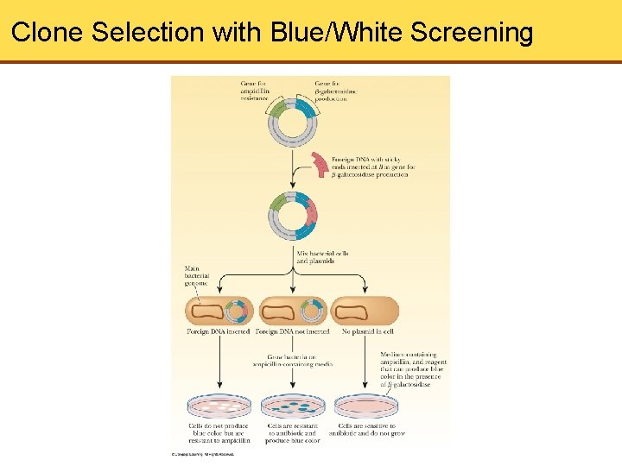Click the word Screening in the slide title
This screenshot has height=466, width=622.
click(x=472, y=33)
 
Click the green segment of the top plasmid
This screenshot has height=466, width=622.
click(x=279, y=110)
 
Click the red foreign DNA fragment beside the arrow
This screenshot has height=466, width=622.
click(x=319, y=164)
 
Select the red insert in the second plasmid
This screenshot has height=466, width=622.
click(x=310, y=212)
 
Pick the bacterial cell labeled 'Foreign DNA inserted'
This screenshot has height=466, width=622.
click(x=219, y=312)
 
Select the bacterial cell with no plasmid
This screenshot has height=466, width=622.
click(x=365, y=312)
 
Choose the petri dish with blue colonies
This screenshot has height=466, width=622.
click(x=293, y=405)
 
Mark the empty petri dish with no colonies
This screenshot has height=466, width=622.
click(x=366, y=405)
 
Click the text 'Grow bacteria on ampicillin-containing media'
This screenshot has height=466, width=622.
click(x=293, y=360)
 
